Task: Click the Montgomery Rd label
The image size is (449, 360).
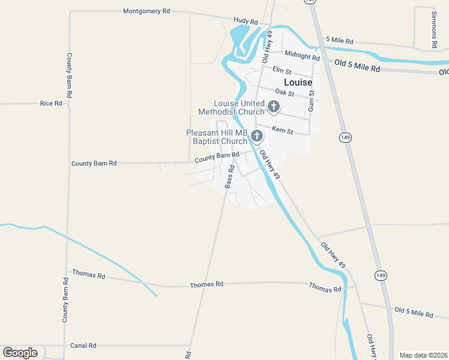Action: click(146, 11)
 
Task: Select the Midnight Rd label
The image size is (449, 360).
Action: click(302, 55)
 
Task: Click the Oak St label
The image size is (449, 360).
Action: click(285, 92)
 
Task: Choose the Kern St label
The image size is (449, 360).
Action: click(282, 130)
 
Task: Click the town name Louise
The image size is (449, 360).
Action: click(298, 82)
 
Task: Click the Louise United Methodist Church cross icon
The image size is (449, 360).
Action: click(274, 107)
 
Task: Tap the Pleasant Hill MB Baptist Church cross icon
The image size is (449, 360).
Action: click(257, 136)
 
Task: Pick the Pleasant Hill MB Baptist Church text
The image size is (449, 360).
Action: click(217, 137)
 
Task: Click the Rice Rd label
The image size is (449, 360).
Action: click(51, 103)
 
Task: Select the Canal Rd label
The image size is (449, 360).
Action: click(83, 346)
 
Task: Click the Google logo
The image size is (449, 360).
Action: click(20, 353)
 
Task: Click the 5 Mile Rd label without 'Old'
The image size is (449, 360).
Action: click(340, 41)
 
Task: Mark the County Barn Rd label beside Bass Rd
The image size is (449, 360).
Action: click(217, 157)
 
